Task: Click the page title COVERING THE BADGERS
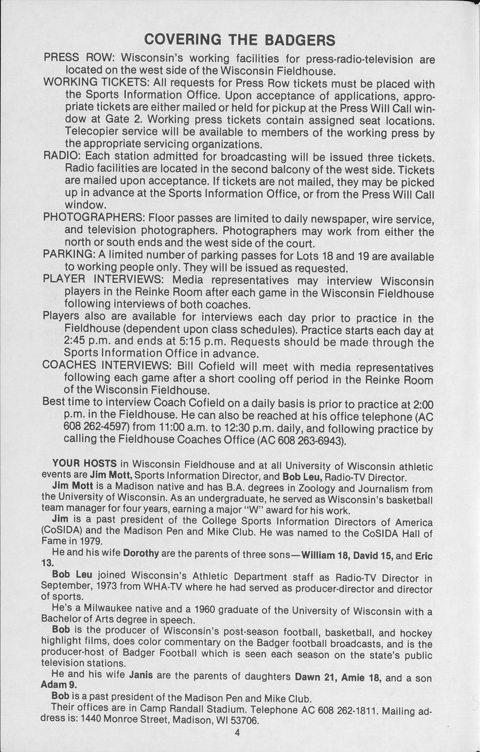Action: click(x=239, y=40)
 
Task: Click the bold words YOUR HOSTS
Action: click(x=84, y=464)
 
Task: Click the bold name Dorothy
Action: click(x=141, y=553)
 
